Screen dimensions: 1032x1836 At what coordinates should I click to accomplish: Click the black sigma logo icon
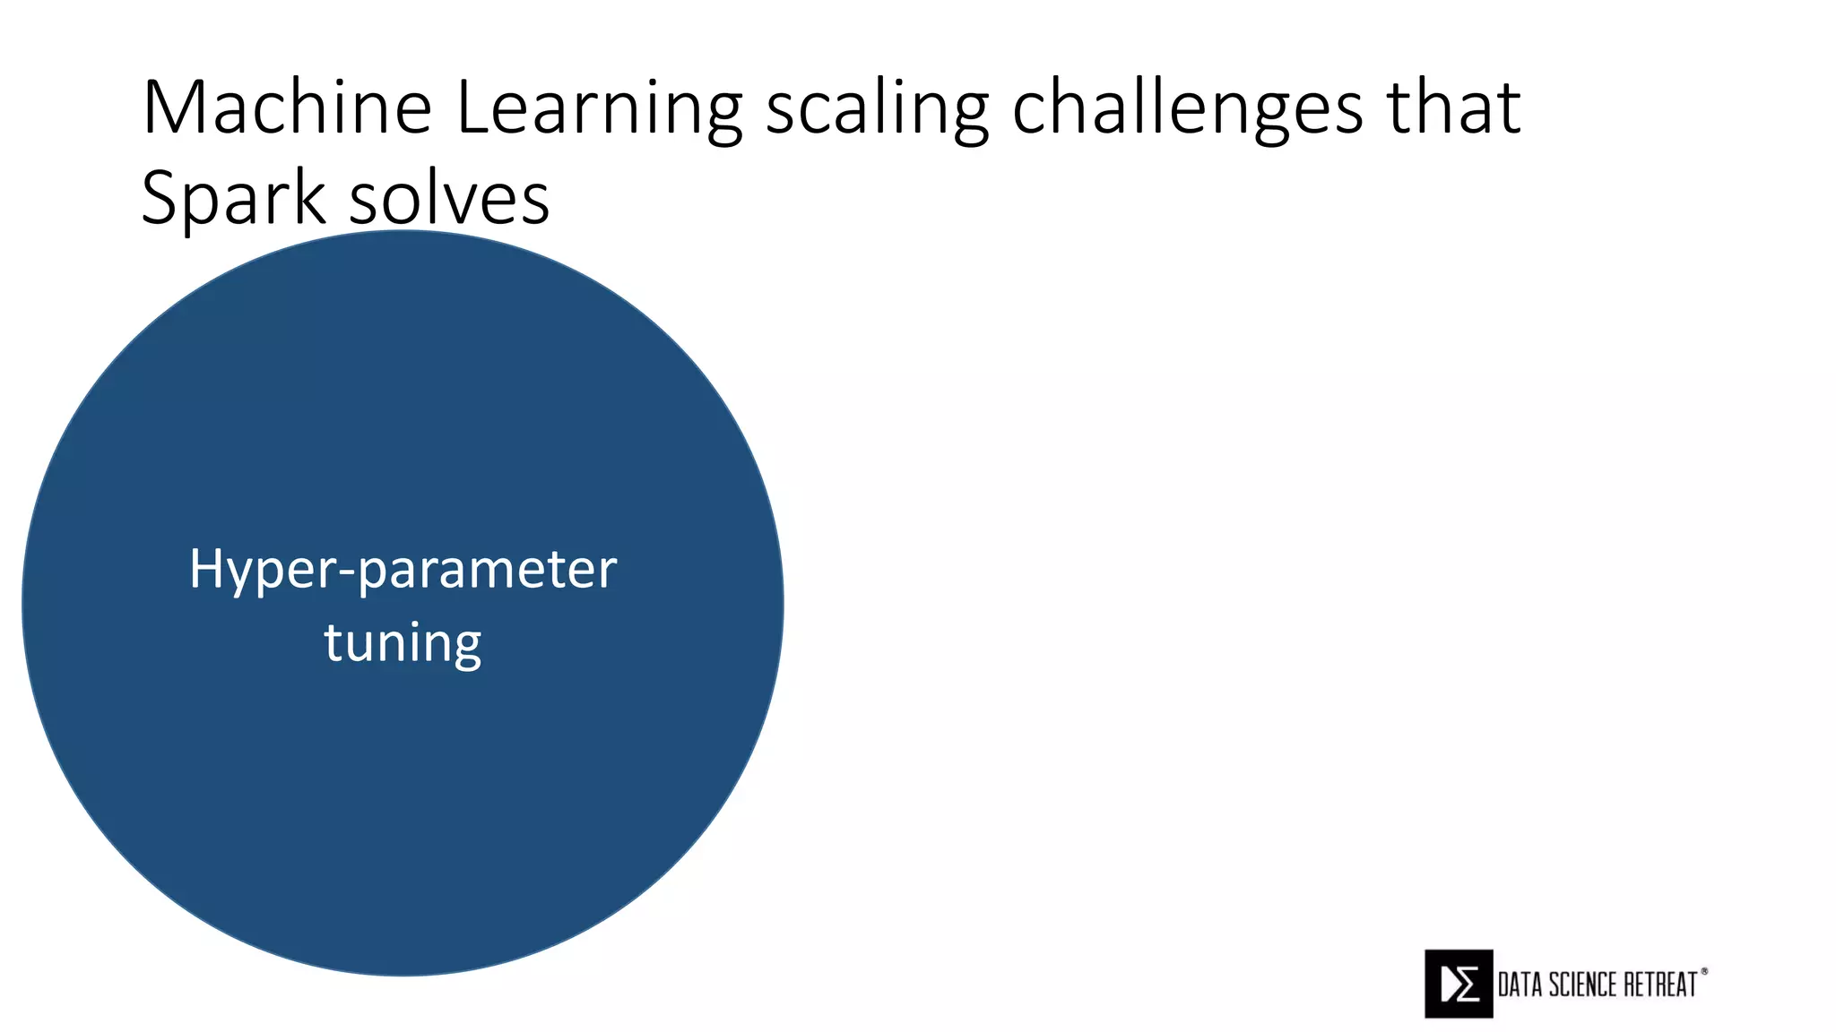[x=1459, y=984]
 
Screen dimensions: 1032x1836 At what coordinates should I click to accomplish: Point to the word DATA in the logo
[x=1520, y=985]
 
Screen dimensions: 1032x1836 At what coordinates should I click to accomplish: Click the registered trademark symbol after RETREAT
[x=1704, y=971]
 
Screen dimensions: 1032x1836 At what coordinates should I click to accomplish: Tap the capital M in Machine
[x=172, y=107]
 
